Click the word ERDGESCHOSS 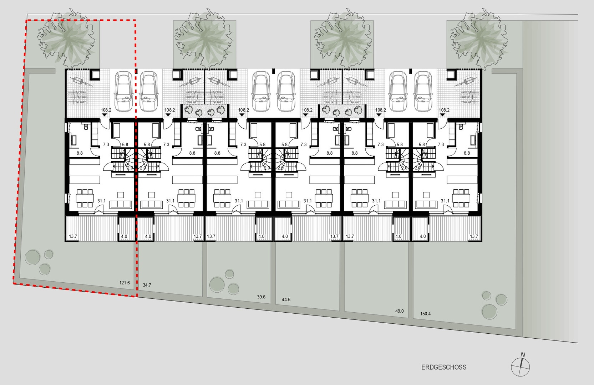click(444, 367)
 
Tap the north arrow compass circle click(520, 367)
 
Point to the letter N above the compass click(523, 355)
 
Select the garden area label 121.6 click(125, 283)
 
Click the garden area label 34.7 click(147, 285)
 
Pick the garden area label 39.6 click(261, 297)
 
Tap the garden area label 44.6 click(286, 299)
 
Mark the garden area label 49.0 click(399, 311)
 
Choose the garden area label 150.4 click(425, 314)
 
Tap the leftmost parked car click(123, 91)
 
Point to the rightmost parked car click(423, 91)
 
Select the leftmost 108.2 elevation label click(106, 110)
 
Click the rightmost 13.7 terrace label click(474, 236)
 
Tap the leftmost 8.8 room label click(80, 153)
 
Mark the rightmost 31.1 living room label click(445, 201)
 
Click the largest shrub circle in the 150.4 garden click(489, 312)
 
